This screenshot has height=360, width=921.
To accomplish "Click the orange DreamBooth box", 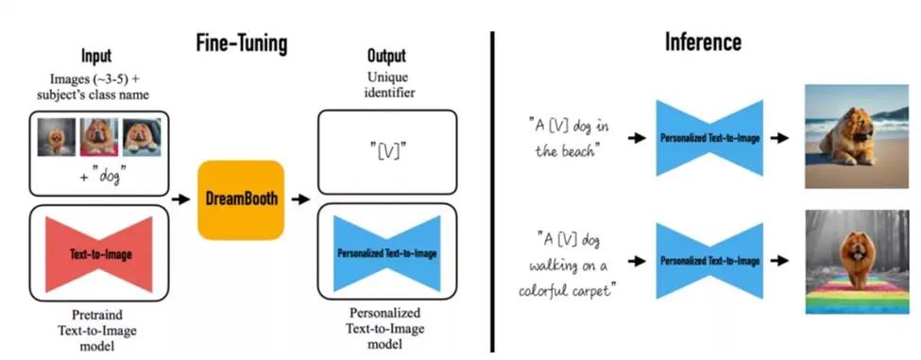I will pos(240,199).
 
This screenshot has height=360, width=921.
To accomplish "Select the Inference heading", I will pos(703,43).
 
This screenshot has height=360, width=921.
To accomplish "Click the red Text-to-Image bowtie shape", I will pos(99,254).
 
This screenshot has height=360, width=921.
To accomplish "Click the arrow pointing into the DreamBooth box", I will pos(179,200).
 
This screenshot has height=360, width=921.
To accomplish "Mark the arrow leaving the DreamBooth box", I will pos(300,200).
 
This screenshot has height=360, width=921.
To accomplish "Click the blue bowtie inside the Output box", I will pos(387,253).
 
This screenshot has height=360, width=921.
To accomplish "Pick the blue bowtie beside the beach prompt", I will pos(708,138).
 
